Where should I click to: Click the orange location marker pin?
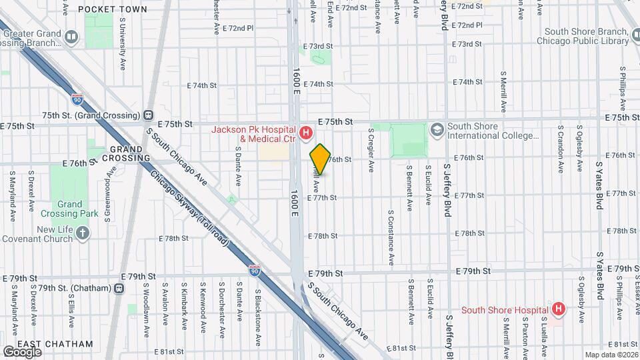click(x=320, y=159)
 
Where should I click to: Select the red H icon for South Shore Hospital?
click(x=559, y=309)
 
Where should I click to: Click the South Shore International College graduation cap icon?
click(x=437, y=129)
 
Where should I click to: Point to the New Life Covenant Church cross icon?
click(x=82, y=233)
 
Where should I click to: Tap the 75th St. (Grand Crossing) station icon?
click(x=148, y=115)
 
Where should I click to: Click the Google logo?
click(x=22, y=351)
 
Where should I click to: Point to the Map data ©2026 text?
click(x=611, y=355)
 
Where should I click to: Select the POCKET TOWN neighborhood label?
click(x=103, y=9)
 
